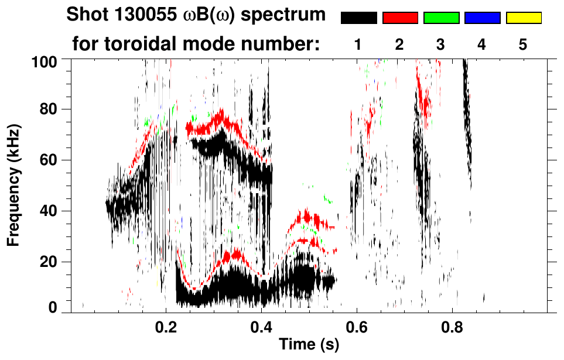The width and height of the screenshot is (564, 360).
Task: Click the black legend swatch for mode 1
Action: tap(358, 18)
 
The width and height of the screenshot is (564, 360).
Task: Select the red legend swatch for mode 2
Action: tap(400, 18)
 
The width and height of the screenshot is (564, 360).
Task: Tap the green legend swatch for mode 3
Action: tap(441, 18)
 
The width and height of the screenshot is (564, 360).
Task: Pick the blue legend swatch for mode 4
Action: tap(482, 18)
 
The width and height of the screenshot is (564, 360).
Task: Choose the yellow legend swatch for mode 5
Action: tap(524, 18)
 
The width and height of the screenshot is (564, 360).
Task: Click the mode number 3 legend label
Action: tap(441, 45)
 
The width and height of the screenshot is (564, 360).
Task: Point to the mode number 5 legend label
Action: tap(524, 45)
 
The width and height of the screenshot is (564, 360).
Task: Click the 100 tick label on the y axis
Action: tap(46, 61)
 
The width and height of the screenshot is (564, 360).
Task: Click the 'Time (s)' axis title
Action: tap(309, 345)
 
